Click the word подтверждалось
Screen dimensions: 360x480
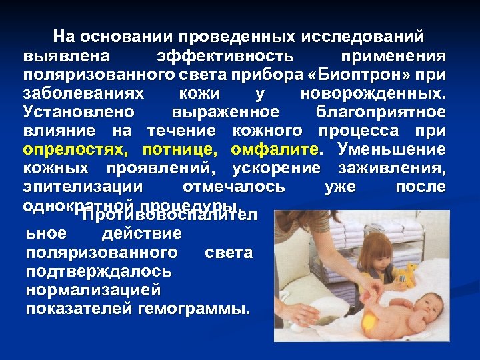(x=99, y=271)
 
